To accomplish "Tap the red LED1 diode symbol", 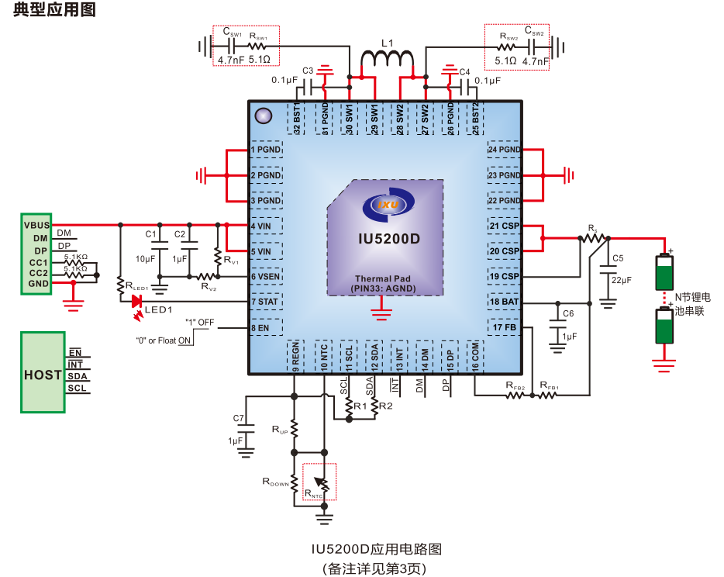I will coord(137,302).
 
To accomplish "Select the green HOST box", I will coord(43,374).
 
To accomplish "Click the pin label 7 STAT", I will coord(264,302).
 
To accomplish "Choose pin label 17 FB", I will coord(504,327).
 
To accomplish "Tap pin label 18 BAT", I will coord(504,302).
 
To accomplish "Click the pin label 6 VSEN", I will coord(265,276).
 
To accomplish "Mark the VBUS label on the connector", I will coord(36,225).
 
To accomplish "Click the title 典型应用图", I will coord(53,11).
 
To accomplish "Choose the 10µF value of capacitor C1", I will coord(146,258).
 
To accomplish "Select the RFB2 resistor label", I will coord(515,385).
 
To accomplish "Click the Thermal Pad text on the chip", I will coord(383,278).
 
